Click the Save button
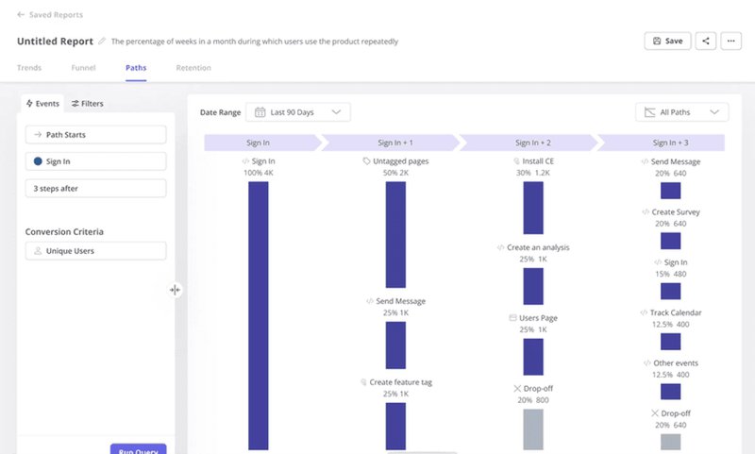click(x=667, y=42)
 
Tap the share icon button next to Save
click(x=706, y=42)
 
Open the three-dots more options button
click(x=732, y=42)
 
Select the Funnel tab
click(x=83, y=68)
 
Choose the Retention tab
click(x=193, y=68)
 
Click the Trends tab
click(x=29, y=68)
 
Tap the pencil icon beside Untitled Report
click(x=102, y=42)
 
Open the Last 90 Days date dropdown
click(x=297, y=112)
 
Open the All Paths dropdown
click(x=681, y=112)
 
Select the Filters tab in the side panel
click(x=88, y=104)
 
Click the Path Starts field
click(x=95, y=135)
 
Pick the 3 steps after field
click(x=95, y=189)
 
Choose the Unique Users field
click(x=95, y=251)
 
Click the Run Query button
click(x=138, y=449)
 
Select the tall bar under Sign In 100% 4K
click(x=258, y=315)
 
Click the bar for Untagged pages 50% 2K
click(x=395, y=234)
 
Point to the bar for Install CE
click(x=533, y=208)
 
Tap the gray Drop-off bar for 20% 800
click(x=533, y=429)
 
